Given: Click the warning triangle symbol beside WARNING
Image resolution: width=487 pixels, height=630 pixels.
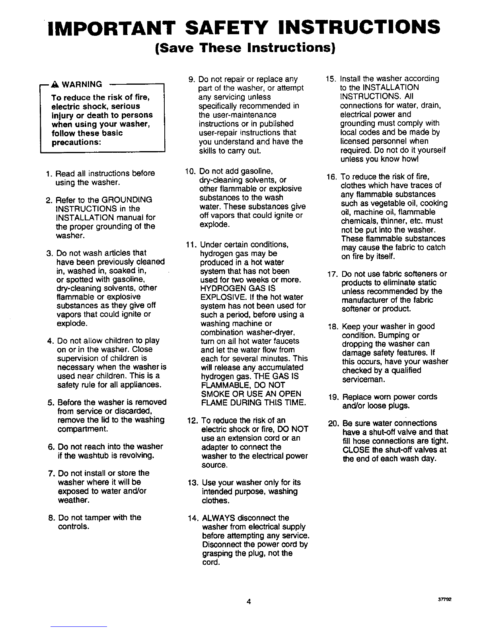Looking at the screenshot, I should click(x=55, y=84).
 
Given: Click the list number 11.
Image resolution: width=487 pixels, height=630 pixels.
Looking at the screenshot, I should click(x=192, y=245).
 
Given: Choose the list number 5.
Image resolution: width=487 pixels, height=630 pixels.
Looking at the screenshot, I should click(x=51, y=402).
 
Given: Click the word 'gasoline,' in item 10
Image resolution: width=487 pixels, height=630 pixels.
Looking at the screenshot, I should click(x=256, y=171).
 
